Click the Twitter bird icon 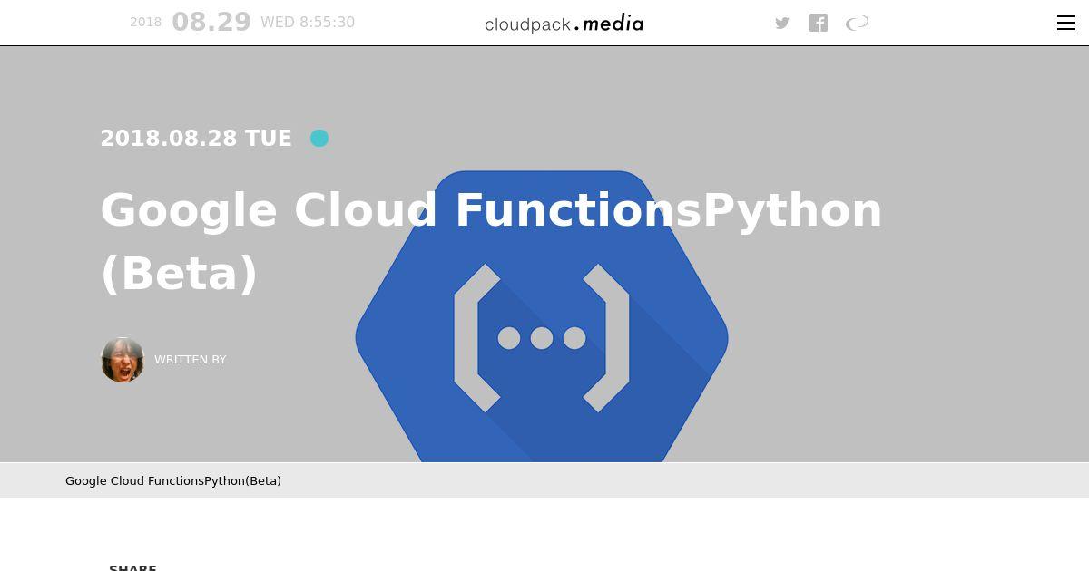[781, 23]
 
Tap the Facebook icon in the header [819, 23]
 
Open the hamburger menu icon [1065, 23]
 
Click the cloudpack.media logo [564, 24]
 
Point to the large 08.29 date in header [211, 22]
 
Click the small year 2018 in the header [145, 22]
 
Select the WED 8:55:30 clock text [308, 23]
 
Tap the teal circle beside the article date [319, 139]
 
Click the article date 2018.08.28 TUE [196, 139]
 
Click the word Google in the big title [189, 211]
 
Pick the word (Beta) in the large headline [179, 275]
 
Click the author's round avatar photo [123, 360]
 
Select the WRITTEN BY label [190, 360]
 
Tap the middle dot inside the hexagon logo [542, 338]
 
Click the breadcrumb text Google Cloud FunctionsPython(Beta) [173, 481]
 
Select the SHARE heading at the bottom [132, 567]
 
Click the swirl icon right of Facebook [857, 23]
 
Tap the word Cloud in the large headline [366, 210]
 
